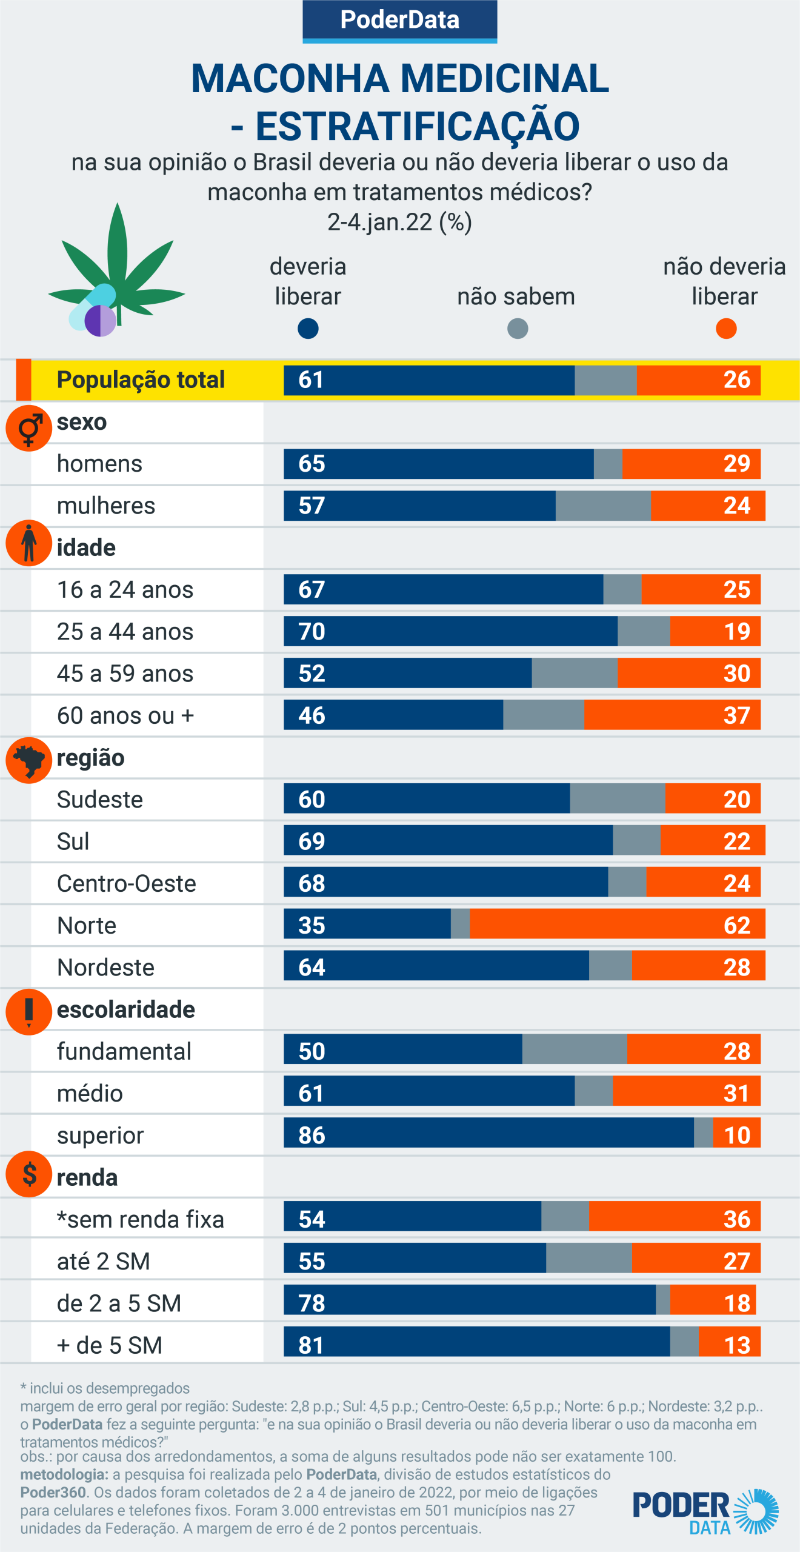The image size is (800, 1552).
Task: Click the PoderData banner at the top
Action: tap(400, 20)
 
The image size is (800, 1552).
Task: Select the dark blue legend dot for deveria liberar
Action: tap(308, 329)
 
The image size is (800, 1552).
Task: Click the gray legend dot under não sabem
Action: tap(518, 329)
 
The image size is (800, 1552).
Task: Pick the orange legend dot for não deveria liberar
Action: tap(725, 329)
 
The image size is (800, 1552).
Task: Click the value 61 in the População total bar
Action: tap(311, 380)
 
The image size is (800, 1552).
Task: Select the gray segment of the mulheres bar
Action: tap(603, 506)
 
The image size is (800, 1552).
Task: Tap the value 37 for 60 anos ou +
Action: tap(736, 715)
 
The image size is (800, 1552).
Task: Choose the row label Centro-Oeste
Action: tap(127, 883)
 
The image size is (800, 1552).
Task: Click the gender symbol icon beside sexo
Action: tap(28, 428)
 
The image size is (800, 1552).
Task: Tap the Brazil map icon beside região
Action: tap(28, 760)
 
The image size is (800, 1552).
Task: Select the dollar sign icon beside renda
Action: tap(28, 1174)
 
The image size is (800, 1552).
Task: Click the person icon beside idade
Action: tap(28, 543)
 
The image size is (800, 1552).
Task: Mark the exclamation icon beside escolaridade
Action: tap(28, 1011)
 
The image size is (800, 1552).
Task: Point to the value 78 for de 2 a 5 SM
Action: tap(312, 1303)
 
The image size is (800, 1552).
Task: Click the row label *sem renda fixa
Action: tap(141, 1219)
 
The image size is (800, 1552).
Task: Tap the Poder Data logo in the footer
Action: tap(705, 1511)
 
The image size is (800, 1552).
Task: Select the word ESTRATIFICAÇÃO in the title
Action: tap(418, 126)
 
